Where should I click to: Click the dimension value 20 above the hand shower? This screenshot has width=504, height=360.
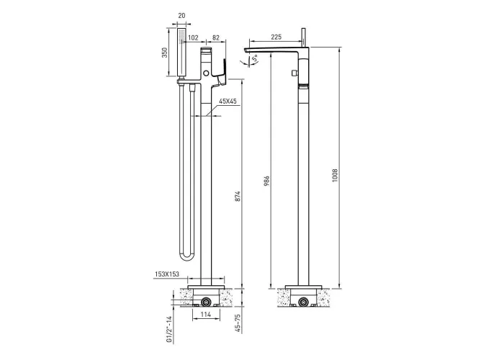point(181,15)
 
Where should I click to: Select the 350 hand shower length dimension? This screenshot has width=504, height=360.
point(165,53)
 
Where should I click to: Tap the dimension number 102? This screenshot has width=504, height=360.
point(193,38)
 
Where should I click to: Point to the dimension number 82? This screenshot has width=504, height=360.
point(216,37)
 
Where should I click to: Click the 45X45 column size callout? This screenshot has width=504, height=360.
point(228,102)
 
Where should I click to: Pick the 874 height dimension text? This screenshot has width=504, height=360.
point(238,197)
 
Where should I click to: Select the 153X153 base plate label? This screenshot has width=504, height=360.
point(167,274)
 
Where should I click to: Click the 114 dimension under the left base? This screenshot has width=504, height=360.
point(206,315)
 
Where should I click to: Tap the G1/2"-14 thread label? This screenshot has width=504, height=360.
point(169,329)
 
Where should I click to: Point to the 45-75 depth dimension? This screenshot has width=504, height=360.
point(238,323)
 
